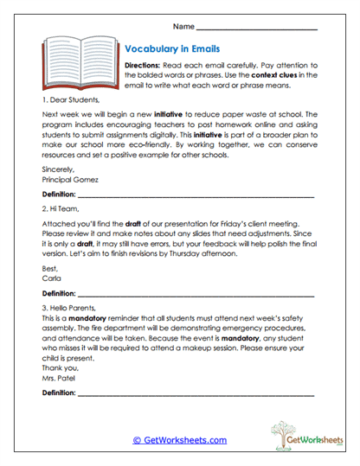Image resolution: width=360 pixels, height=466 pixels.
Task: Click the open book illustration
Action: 76,62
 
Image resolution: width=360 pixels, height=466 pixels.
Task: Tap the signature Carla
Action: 52,279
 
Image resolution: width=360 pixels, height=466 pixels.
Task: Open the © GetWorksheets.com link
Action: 180,440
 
